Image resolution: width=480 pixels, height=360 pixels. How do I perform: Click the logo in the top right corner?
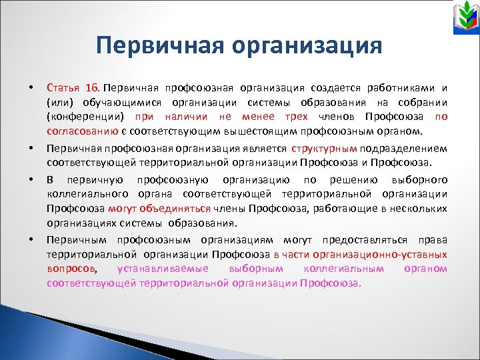[x=460, y=21]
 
